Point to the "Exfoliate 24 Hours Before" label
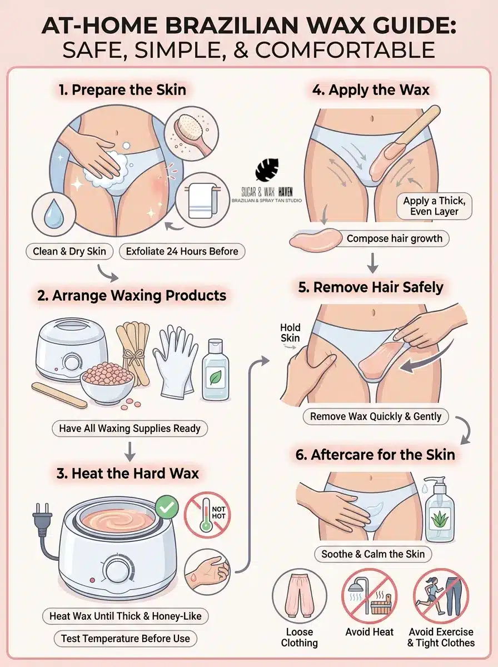[182, 251]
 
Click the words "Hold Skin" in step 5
[290, 333]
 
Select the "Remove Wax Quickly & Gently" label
[376, 416]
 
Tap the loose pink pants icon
[300, 595]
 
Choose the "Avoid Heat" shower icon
[369, 595]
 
